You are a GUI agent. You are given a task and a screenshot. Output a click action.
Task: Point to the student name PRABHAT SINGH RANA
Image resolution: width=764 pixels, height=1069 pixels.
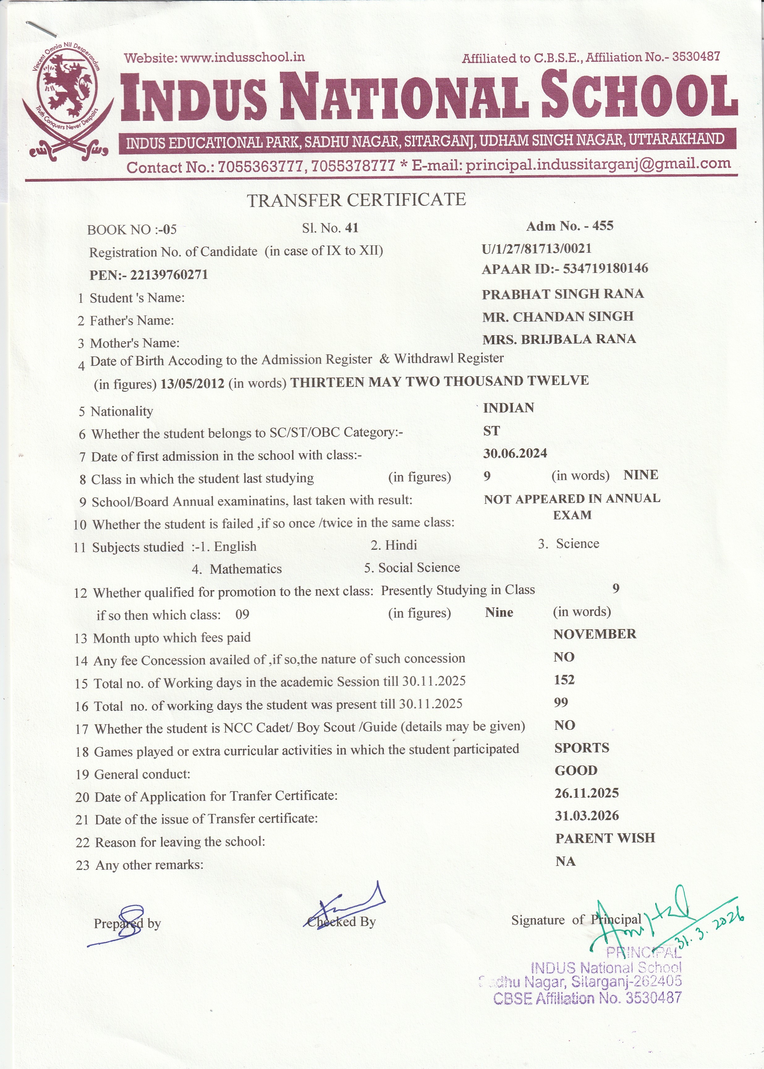coord(563,294)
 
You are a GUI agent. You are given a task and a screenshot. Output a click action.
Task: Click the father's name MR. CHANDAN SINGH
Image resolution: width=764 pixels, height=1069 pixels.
coord(558,316)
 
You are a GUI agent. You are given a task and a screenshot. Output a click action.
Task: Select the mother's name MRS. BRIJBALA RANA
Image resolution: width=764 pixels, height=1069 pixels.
coord(559,339)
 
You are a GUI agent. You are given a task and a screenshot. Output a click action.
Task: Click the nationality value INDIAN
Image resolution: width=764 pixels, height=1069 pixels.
coord(508,408)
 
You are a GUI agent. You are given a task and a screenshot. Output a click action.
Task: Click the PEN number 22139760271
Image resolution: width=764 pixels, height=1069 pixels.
coord(168,275)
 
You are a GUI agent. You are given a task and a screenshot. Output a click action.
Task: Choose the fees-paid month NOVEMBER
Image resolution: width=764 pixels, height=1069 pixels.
coord(595,634)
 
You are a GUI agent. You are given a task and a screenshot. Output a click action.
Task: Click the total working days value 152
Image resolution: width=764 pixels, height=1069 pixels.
coord(564,680)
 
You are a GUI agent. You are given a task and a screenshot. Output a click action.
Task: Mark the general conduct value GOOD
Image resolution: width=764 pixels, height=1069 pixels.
coord(576,770)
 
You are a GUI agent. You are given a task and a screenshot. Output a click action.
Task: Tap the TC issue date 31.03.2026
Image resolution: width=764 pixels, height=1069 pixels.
coord(587,816)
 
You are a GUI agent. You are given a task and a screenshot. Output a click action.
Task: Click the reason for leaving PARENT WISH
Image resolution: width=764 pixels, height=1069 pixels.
coord(605,838)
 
